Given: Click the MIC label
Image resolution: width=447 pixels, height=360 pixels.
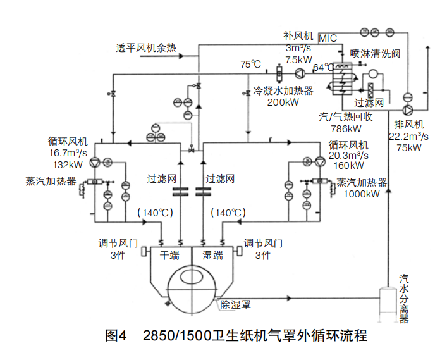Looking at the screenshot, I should pyautogui.click(x=328, y=39).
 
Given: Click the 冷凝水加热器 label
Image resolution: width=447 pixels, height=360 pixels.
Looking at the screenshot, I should pyautogui.click(x=283, y=91).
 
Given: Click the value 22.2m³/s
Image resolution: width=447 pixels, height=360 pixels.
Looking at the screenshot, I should pyautogui.click(x=408, y=135).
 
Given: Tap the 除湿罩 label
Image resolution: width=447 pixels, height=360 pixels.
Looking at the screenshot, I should pyautogui.click(x=236, y=305).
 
